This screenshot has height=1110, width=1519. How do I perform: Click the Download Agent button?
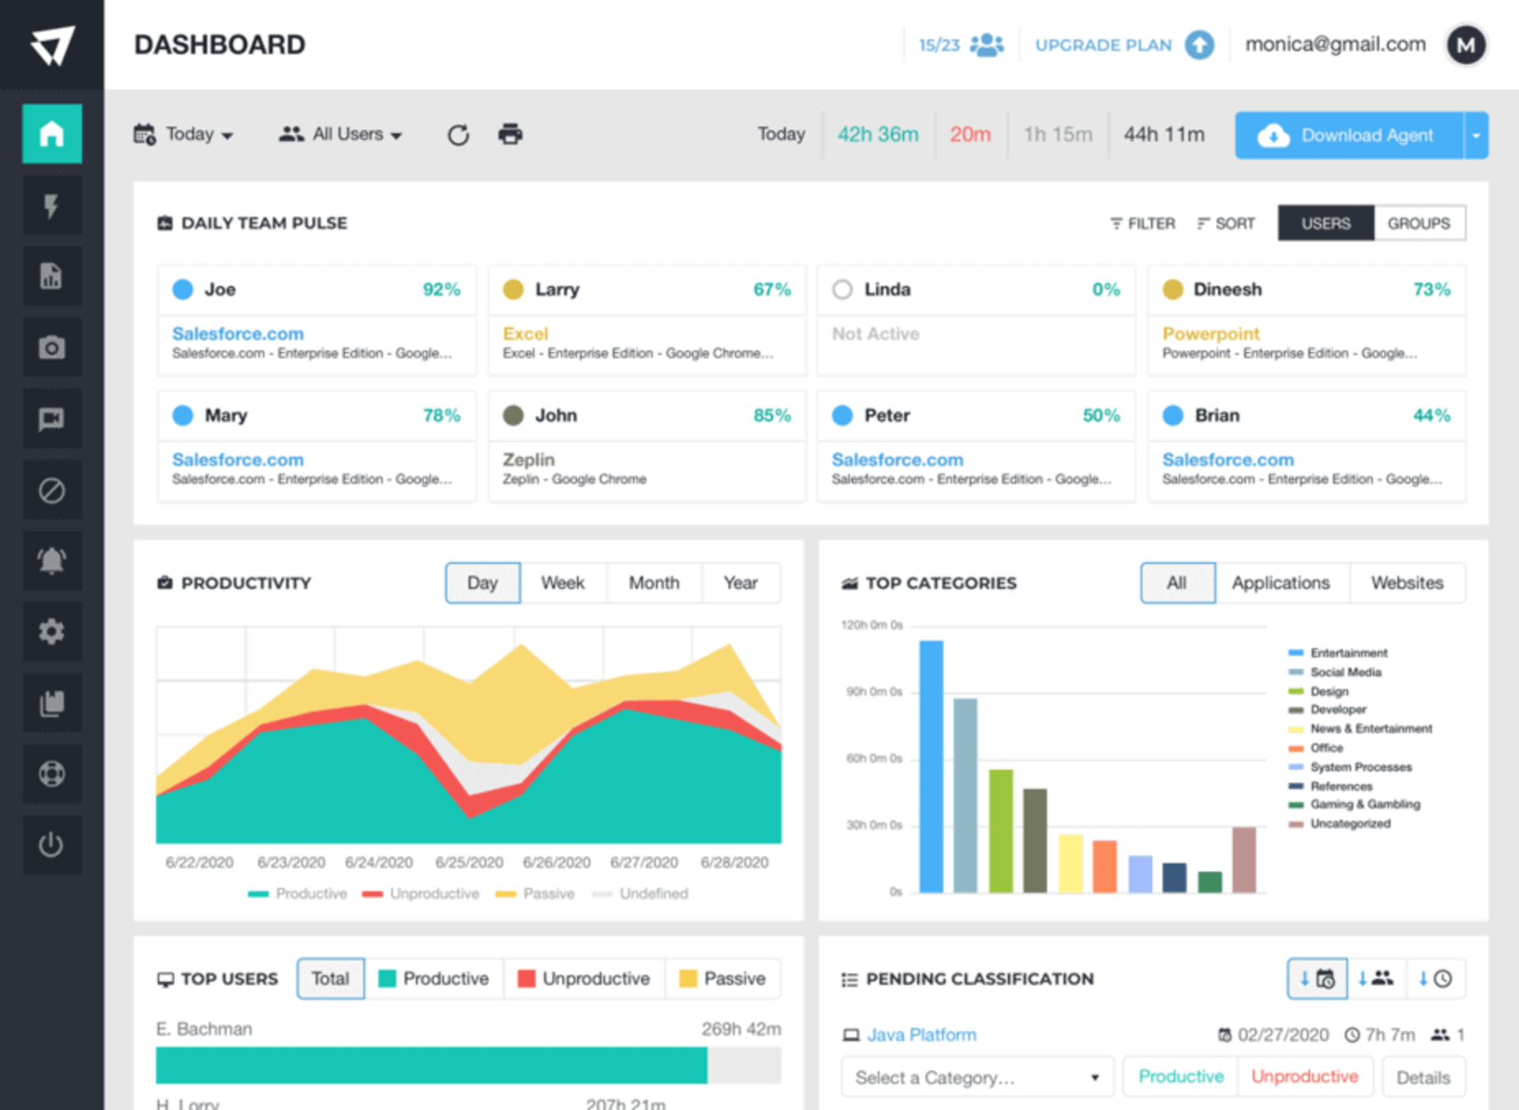tap(1349, 135)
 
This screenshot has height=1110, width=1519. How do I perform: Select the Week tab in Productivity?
tap(563, 583)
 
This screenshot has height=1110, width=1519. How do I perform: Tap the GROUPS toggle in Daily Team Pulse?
tap(1419, 223)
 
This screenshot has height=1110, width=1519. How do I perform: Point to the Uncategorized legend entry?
tap(1350, 824)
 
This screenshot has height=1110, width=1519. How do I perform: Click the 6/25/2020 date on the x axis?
tap(469, 862)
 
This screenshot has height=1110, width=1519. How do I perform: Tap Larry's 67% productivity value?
tap(771, 290)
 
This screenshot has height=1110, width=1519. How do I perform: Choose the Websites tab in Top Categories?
tap(1407, 583)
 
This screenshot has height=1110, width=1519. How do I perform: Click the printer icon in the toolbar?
tap(510, 134)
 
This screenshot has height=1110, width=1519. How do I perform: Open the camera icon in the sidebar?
tap(51, 347)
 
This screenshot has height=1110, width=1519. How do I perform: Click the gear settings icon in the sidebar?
tap(51, 631)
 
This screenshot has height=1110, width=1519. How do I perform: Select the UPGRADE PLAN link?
tap(1104, 45)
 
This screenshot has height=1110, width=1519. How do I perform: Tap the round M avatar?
tap(1465, 45)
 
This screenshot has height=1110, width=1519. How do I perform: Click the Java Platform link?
tap(922, 1035)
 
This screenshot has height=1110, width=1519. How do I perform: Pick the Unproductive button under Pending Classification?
tap(1305, 1077)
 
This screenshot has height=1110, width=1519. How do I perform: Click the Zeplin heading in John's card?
tap(528, 460)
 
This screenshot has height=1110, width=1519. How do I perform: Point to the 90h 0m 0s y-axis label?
tap(874, 691)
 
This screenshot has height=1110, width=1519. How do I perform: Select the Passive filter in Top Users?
tap(723, 979)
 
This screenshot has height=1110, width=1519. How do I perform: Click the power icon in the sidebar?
tap(51, 844)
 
